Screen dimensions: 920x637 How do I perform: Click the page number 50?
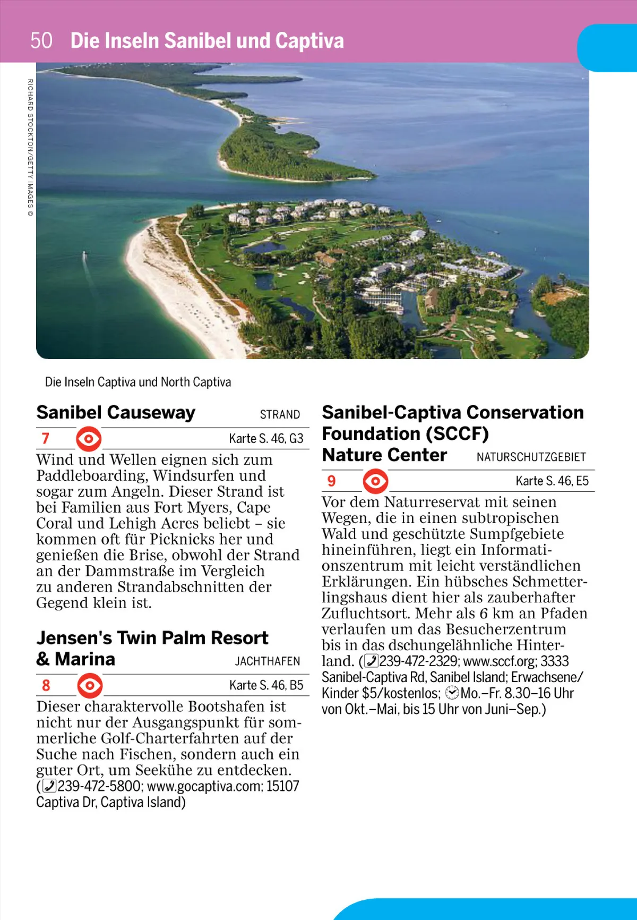point(41,40)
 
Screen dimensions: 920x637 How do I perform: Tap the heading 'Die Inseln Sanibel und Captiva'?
point(207,41)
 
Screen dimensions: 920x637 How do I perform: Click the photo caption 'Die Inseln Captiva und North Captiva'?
point(138,382)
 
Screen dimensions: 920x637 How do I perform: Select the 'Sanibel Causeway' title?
point(116,413)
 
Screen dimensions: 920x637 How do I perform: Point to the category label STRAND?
point(280,415)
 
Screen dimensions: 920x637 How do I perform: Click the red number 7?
point(46,438)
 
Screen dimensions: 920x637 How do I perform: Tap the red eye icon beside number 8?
point(90,685)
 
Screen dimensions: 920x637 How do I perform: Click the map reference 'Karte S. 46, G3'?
point(266,439)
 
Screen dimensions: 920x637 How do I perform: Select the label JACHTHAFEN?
point(268,661)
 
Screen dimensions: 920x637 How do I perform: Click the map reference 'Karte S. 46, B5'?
point(266,686)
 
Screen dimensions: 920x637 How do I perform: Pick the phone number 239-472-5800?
point(99,786)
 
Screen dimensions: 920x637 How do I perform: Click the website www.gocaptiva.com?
point(204,786)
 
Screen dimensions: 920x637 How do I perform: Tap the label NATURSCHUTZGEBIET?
point(531,457)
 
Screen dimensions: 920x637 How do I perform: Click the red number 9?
point(332,481)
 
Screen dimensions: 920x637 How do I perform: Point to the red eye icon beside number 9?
point(375,481)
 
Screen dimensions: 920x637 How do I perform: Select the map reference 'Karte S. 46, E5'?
point(552,481)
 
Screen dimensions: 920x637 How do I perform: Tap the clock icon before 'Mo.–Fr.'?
point(452,693)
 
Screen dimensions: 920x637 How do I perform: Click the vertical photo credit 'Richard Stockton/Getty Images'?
point(30,147)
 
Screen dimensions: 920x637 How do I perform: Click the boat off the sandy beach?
point(84,256)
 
